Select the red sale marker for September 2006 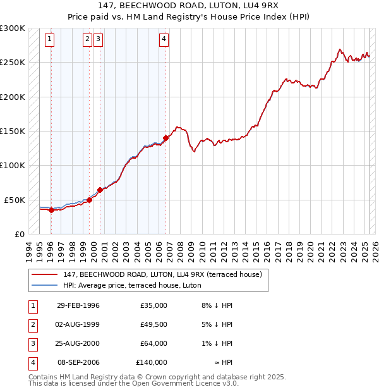[x=165, y=137]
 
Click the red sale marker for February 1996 [x=51, y=210]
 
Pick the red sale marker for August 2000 [x=100, y=190]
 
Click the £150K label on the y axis [x=12, y=131]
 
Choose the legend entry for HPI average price [x=131, y=285]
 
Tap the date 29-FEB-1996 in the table [x=78, y=305]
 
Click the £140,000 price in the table [x=152, y=362]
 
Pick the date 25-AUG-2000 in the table [x=78, y=343]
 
